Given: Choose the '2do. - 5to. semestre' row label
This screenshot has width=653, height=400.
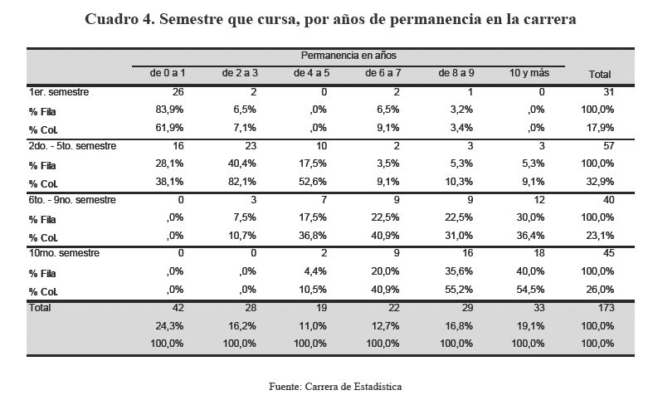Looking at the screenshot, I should coord(72,146).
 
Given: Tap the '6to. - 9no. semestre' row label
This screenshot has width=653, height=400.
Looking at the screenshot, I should coord(72,199).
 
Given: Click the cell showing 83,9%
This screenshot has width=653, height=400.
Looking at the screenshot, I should coord(170,110).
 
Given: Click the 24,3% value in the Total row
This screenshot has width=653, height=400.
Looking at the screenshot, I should coord(170,324).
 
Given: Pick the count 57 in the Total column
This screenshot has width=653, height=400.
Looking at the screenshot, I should coord(607,146).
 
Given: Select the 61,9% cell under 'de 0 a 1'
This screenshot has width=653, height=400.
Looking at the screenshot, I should coord(170,128).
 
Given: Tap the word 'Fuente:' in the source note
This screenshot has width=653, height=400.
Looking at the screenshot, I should coord(286,386).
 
